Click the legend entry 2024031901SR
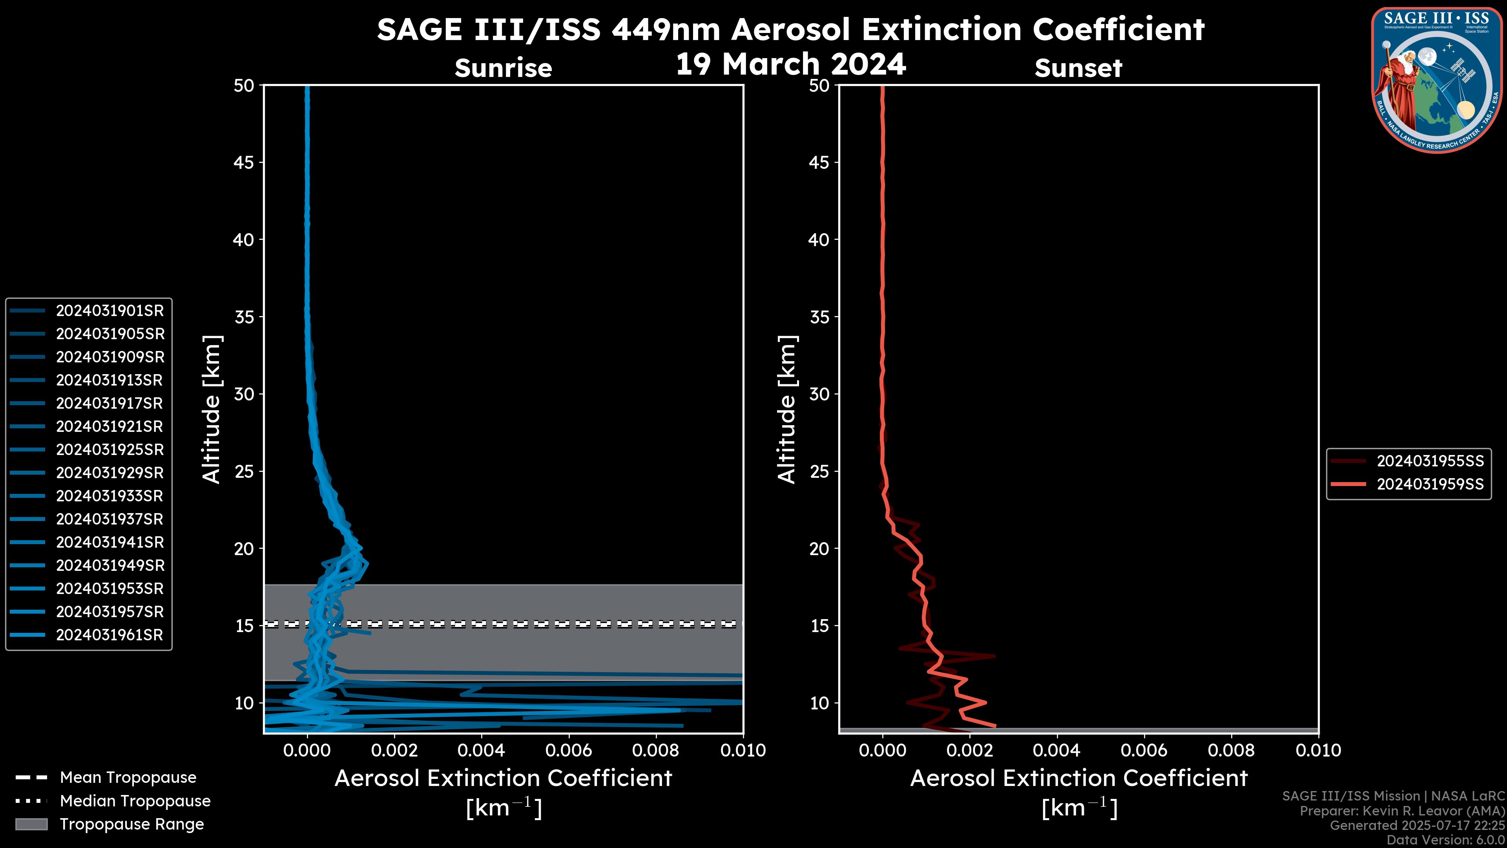tap(109, 311)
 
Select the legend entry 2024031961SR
tap(109, 635)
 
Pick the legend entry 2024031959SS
tap(1430, 484)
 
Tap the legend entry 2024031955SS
tap(1430, 461)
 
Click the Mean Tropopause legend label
tap(128, 777)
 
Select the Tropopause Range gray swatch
tap(31, 824)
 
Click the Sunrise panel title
tap(503, 68)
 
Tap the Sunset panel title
tap(1078, 68)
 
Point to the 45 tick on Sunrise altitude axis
tap(243, 162)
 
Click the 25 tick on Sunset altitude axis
tap(819, 471)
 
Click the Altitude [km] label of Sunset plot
tap(787, 409)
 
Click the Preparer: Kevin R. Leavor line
tap(1402, 811)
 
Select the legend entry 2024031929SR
tap(109, 473)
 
